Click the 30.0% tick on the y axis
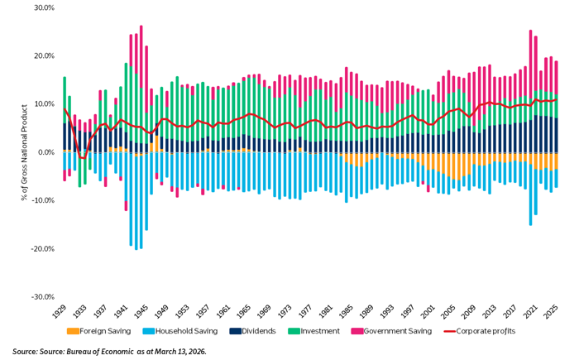tap(43, 7)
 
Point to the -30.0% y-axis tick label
tap(41, 297)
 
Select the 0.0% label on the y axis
tap(45, 152)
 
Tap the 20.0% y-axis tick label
tap(43, 55)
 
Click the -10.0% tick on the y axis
tap(41, 200)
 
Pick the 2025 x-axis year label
tap(554, 314)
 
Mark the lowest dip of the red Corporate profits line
tap(83, 158)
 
